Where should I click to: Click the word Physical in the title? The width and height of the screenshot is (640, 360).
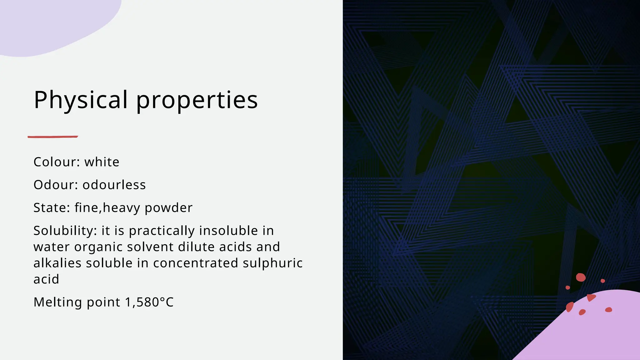(81, 100)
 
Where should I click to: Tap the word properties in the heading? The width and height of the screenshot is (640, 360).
(197, 101)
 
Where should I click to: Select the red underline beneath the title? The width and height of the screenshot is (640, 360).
(52, 137)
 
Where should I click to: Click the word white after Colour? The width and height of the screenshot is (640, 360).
(102, 162)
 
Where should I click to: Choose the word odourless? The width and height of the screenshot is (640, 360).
(114, 185)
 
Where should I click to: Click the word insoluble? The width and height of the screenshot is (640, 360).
(228, 231)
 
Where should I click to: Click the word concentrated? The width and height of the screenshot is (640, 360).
(196, 263)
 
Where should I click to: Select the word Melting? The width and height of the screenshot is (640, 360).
(58, 302)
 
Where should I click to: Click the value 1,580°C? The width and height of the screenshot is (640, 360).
(149, 302)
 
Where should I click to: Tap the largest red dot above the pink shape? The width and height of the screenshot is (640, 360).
(581, 277)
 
